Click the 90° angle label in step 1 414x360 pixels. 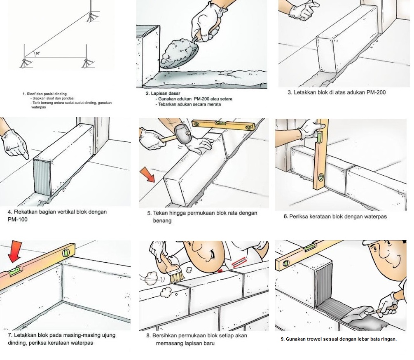tap(38, 54)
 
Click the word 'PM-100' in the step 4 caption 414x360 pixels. tap(17, 220)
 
